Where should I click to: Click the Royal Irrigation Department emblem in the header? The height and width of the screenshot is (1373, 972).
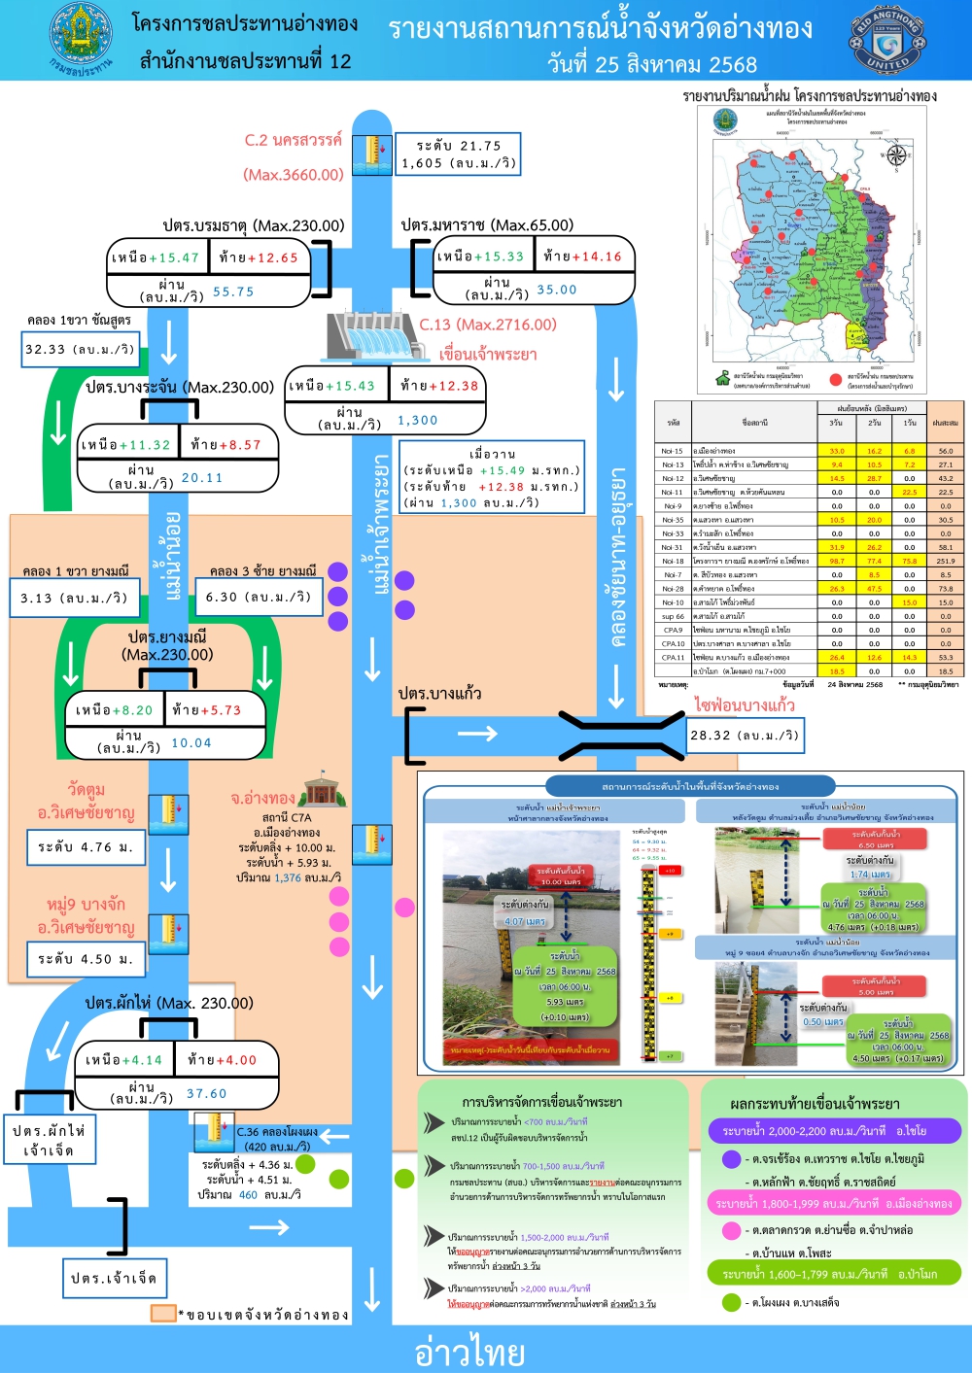click(81, 39)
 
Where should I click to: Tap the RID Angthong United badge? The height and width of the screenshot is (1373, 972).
click(886, 40)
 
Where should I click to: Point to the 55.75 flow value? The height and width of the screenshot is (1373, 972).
click(233, 292)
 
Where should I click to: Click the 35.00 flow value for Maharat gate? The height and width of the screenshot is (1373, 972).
click(557, 290)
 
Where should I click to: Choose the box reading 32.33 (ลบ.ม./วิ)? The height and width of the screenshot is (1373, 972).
click(81, 349)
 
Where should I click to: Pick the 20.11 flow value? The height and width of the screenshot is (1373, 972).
click(202, 478)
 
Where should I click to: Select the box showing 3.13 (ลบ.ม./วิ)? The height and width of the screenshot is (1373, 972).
click(74, 598)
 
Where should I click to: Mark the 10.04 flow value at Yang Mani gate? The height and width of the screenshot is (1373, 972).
click(191, 743)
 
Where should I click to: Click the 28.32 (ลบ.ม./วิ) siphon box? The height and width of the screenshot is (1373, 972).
click(745, 736)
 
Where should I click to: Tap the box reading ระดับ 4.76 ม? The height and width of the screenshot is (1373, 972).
click(86, 847)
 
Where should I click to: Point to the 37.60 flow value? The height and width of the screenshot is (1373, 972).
click(206, 1094)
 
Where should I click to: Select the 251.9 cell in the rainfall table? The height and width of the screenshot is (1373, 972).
click(945, 561)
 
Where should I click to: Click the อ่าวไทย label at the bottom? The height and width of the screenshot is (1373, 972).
click(469, 1352)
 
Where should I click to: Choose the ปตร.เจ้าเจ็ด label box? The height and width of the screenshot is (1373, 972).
click(114, 1278)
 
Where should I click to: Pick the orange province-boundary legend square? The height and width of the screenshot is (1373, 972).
click(162, 1313)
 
